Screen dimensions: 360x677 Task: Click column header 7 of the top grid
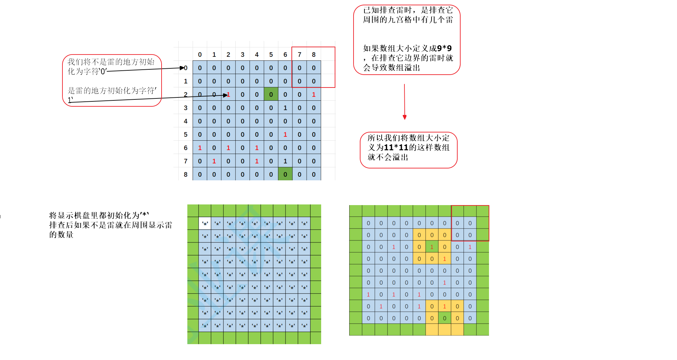pyautogui.click(x=299, y=54)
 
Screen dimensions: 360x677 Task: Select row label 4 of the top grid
pyautogui.click(x=185, y=121)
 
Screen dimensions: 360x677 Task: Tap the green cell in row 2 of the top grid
pyautogui.click(x=271, y=94)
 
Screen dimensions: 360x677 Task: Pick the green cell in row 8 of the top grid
pyautogui.click(x=285, y=174)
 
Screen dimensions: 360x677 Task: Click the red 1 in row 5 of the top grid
pyautogui.click(x=285, y=134)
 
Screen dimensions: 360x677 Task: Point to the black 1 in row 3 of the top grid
pyautogui.click(x=285, y=108)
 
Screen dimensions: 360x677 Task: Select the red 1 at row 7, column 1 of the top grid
pyautogui.click(x=214, y=161)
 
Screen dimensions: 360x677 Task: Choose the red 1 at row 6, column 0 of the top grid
pyautogui.click(x=200, y=148)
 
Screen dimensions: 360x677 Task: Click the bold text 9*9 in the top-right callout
pyautogui.click(x=444, y=48)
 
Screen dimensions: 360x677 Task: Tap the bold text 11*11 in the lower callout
pyautogui.click(x=396, y=147)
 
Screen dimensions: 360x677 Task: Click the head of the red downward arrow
pyautogui.click(x=404, y=117)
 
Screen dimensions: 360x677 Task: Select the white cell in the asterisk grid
pyautogui.click(x=205, y=223)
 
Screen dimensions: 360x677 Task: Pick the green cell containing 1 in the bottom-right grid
pyautogui.click(x=432, y=247)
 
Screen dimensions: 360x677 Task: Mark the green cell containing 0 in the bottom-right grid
pyautogui.click(x=444, y=318)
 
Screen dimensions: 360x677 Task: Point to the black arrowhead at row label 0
pyautogui.click(x=182, y=68)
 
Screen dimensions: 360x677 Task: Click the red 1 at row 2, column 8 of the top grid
pyautogui.click(x=314, y=94)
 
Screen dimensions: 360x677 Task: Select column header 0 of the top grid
pyautogui.click(x=200, y=54)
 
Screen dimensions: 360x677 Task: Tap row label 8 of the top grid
pyautogui.click(x=185, y=174)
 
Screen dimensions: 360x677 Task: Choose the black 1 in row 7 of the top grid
pyautogui.click(x=285, y=161)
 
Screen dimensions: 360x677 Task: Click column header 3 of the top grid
pyautogui.click(x=243, y=54)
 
